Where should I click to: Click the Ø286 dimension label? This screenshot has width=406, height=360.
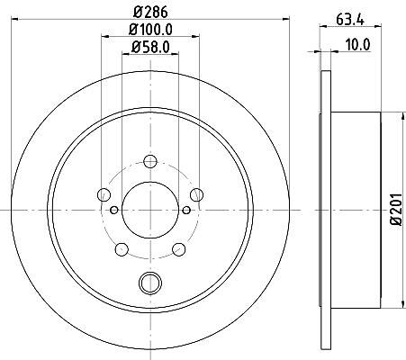coord(150,13)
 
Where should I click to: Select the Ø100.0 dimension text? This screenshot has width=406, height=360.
coord(150,30)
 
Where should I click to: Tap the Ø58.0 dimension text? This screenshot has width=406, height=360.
coord(150,47)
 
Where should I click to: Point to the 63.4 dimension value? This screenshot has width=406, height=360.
coord(350,20)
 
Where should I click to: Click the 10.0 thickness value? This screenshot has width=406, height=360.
coord(358,45)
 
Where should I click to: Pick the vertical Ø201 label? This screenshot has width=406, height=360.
coord(396,209)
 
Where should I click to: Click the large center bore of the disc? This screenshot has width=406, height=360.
coord(150,210)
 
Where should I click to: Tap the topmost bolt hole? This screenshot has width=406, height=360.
coord(150,161)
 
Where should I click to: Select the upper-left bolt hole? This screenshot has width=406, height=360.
coord(104,194)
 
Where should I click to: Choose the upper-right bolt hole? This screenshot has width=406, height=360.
coord(197,194)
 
